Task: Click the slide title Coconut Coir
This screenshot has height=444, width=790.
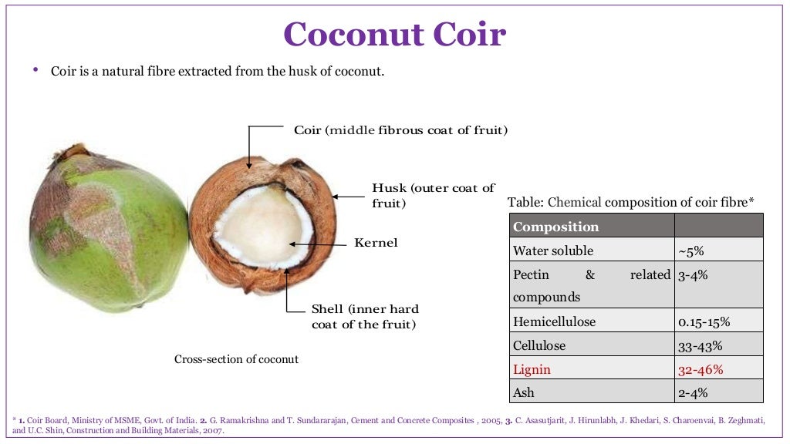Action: tap(394, 35)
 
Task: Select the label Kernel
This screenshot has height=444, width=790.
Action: tap(376, 243)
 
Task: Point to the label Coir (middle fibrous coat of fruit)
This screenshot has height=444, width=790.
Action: tap(400, 130)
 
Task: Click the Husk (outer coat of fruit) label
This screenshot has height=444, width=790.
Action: tap(433, 196)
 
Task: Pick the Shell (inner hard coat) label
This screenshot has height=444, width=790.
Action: tap(363, 316)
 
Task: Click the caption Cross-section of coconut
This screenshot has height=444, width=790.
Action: tap(236, 359)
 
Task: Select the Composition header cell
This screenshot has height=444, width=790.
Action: tap(555, 227)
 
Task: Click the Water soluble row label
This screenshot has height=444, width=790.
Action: tap(552, 251)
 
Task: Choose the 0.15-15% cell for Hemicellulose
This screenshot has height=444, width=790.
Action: tap(704, 321)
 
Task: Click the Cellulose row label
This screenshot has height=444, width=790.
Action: tap(538, 345)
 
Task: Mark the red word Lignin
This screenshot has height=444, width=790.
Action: tap(532, 369)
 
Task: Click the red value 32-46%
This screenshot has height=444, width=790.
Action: tap(701, 369)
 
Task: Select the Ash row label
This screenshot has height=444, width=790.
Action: tap(523, 392)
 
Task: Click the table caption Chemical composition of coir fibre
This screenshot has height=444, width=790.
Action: tap(630, 202)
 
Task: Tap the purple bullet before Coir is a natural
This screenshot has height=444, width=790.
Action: tap(35, 70)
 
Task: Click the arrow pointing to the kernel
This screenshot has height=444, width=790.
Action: tap(316, 244)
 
